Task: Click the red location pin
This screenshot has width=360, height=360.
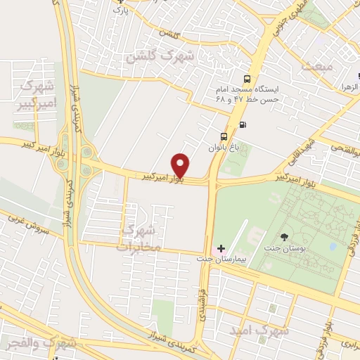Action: pos(181,165)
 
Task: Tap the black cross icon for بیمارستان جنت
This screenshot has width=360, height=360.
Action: pos(221,248)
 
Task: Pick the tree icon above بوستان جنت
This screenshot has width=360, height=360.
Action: pos(284,237)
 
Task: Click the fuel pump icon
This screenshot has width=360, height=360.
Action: pos(243,125)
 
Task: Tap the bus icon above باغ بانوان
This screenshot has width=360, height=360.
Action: pos(224,136)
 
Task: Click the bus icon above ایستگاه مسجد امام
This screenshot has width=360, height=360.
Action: pos(247,79)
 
